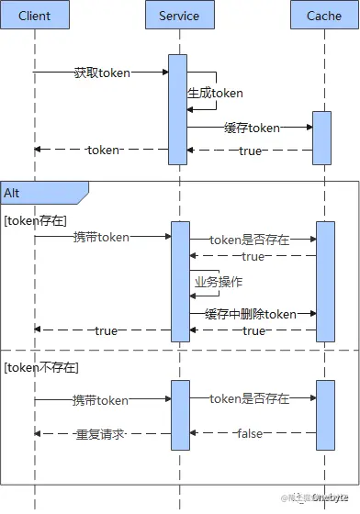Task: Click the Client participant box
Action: (35, 16)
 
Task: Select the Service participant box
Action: (179, 16)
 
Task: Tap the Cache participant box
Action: (323, 16)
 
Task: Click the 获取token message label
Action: (101, 72)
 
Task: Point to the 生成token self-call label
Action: (215, 93)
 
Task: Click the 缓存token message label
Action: (251, 128)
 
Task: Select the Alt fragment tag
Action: (13, 193)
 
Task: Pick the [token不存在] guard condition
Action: (40, 367)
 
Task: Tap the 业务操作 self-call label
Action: (218, 282)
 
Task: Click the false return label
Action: (250, 432)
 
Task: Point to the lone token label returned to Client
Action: (103, 150)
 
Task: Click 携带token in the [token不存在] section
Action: (101, 400)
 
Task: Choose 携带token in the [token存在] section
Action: (101, 237)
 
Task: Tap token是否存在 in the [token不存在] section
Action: (249, 398)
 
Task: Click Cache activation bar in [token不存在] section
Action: (324, 415)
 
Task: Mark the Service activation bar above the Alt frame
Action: (178, 108)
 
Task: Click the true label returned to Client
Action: (106, 330)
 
